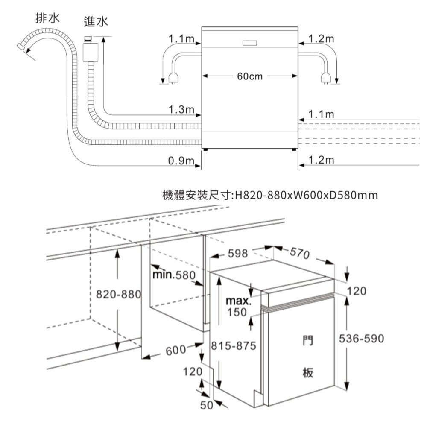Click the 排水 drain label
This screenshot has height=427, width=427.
(x=47, y=19)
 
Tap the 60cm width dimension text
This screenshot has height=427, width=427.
(x=249, y=76)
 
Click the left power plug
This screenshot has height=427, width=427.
(x=173, y=77)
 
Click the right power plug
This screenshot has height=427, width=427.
(x=325, y=77)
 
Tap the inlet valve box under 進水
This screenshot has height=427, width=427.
(x=89, y=50)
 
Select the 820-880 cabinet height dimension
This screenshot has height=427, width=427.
(x=116, y=295)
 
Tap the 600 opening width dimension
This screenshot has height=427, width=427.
(x=175, y=351)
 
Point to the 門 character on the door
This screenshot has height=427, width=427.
(x=307, y=340)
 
